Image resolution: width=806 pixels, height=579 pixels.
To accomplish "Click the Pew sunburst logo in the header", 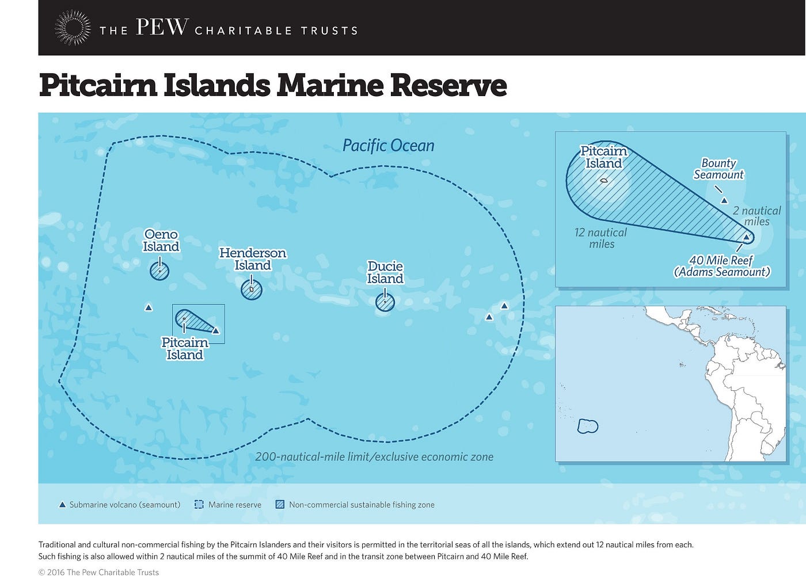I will (73, 28).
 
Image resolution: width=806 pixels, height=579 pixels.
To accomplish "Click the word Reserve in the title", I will (448, 85).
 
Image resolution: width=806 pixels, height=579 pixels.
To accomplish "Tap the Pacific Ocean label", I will (388, 146).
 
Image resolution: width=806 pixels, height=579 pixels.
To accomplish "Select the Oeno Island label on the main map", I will (161, 241).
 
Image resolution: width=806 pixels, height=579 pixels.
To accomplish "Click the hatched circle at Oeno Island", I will (159, 271).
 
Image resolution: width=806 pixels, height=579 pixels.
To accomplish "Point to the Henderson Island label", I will (253, 259).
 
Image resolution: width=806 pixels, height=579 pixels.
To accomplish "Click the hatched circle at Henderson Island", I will (252, 289).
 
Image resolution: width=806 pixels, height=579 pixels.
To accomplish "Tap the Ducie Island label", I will (385, 273).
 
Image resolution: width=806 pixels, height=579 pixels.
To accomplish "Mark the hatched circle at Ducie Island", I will (385, 302).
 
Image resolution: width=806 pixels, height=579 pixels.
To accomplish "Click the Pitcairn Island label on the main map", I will (185, 349).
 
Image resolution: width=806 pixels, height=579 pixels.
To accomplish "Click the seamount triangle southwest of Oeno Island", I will (149, 308).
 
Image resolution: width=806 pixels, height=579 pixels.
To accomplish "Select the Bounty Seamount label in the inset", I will (718, 169).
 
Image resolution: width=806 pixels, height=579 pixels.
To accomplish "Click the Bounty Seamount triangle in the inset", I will (724, 200).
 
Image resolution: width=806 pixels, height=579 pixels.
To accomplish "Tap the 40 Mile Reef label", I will (721, 266).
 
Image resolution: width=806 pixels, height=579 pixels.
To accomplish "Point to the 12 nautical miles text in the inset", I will (600, 238).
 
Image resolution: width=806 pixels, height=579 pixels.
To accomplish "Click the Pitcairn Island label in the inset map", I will (603, 157).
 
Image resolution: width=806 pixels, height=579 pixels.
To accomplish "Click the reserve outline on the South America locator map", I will (588, 426).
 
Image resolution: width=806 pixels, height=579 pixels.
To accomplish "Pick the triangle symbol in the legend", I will (62, 505).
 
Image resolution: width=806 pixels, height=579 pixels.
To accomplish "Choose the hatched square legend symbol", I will (280, 505).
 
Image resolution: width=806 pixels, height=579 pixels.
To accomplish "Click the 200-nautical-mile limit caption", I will (374, 457).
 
